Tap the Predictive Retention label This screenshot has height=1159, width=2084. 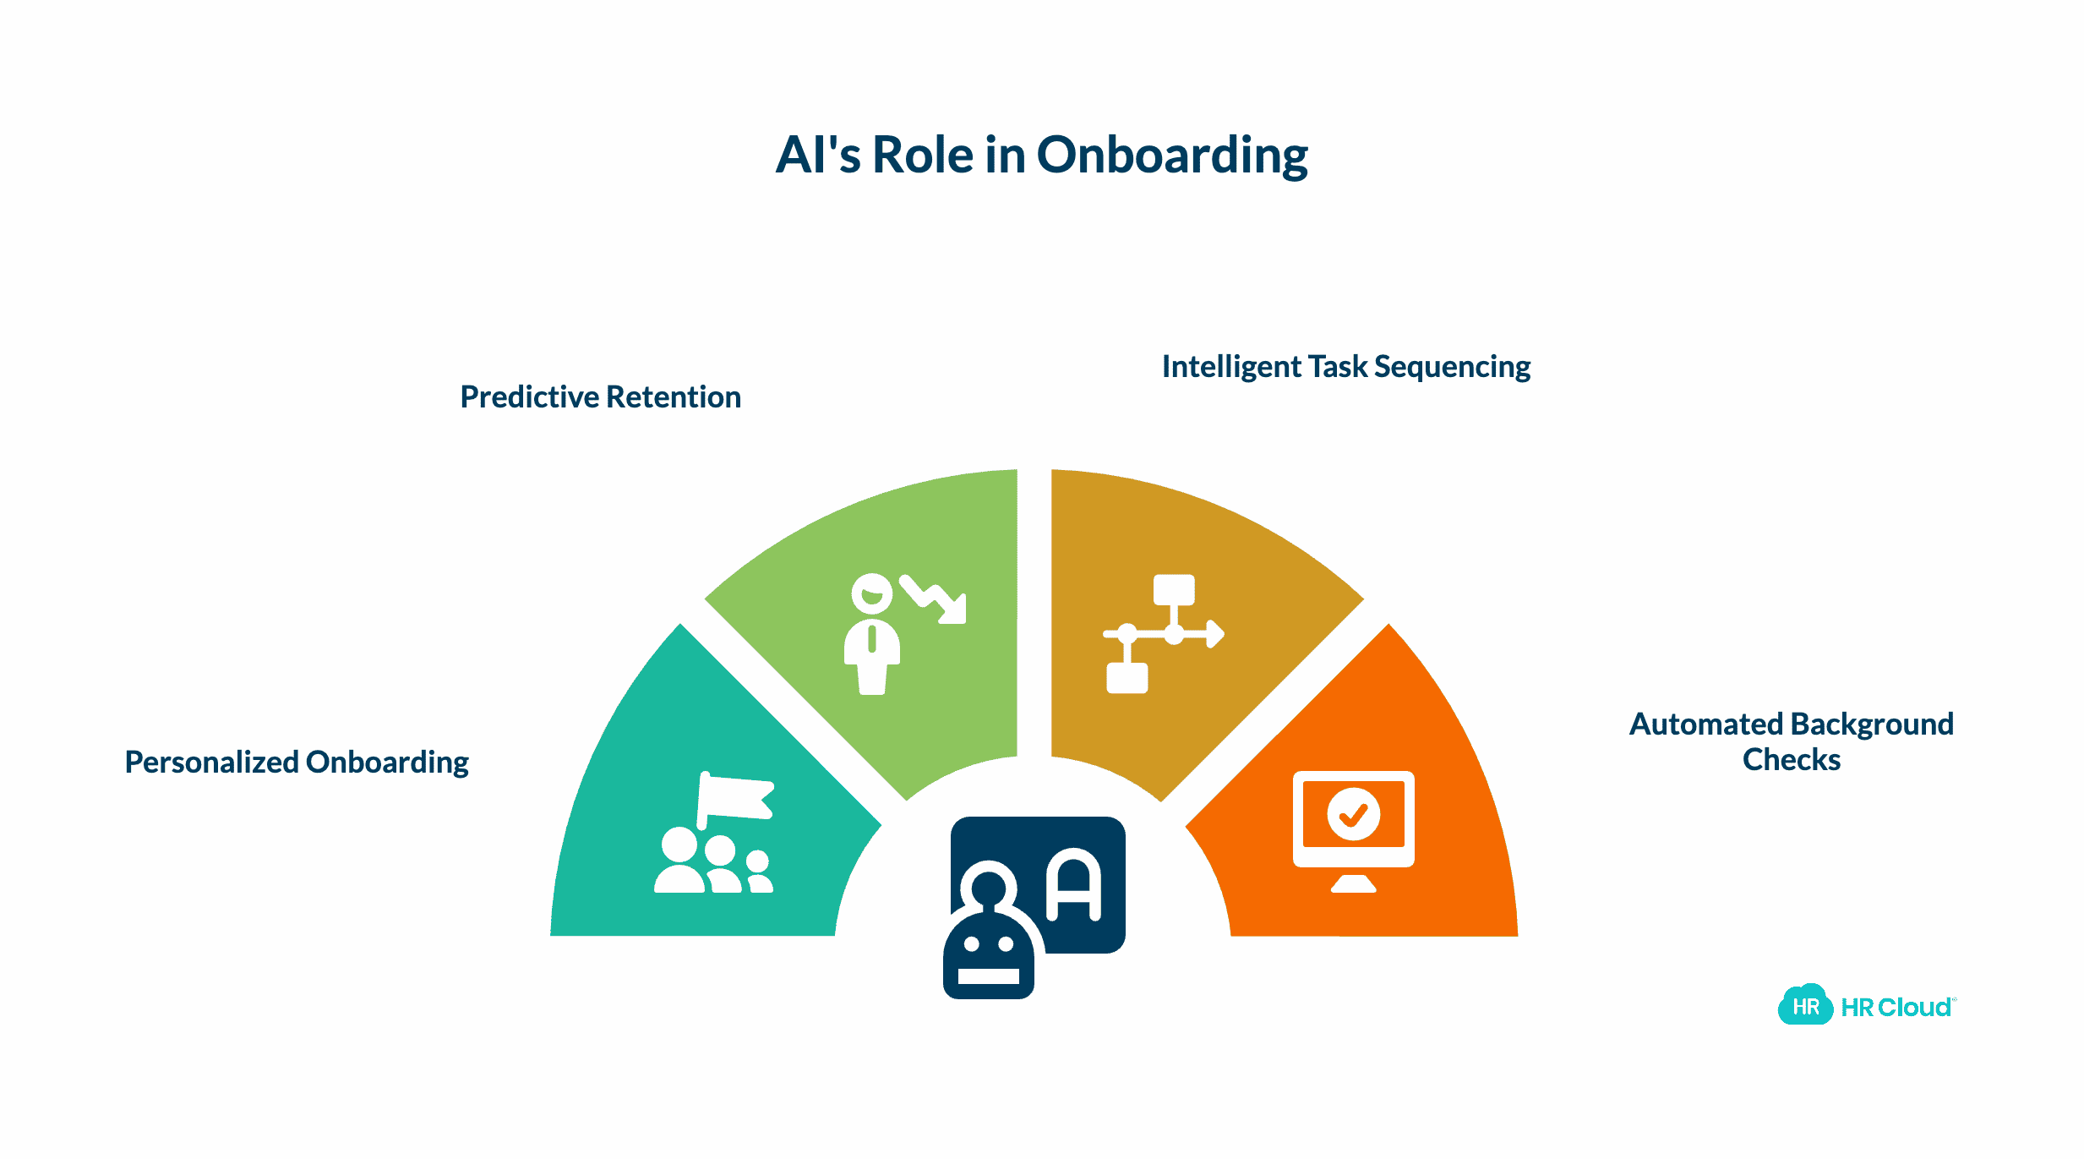(x=600, y=397)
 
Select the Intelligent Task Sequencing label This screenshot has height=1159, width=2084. (x=1345, y=367)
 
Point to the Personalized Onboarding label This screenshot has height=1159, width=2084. (x=297, y=763)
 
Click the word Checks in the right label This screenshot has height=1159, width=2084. (x=1791, y=760)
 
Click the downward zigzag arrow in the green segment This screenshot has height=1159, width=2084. (x=935, y=599)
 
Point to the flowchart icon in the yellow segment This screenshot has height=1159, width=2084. (x=1161, y=634)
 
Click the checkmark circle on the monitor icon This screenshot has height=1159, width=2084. (x=1353, y=814)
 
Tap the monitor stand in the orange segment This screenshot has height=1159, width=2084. (x=1353, y=883)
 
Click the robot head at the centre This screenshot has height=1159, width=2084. (x=988, y=955)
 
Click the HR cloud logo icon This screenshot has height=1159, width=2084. (x=1804, y=1006)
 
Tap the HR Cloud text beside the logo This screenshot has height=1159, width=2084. (x=1896, y=1008)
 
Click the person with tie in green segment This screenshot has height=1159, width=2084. (x=871, y=634)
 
